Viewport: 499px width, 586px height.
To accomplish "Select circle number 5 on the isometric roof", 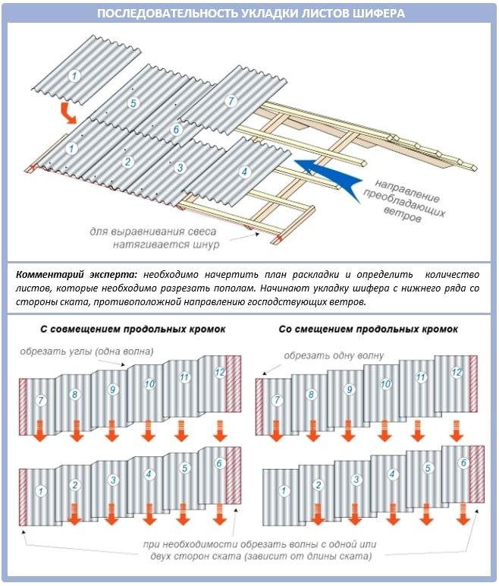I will click(133, 102).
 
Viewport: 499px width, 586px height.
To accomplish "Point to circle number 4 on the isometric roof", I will click(244, 172).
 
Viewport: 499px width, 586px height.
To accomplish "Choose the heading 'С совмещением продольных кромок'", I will click(127, 329).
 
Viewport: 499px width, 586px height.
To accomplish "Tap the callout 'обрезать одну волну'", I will click(334, 355).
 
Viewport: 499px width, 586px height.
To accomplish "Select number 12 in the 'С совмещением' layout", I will click(219, 373).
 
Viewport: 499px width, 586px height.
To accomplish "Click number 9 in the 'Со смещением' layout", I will click(350, 389).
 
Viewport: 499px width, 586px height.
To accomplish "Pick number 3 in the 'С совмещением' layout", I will click(112, 480).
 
